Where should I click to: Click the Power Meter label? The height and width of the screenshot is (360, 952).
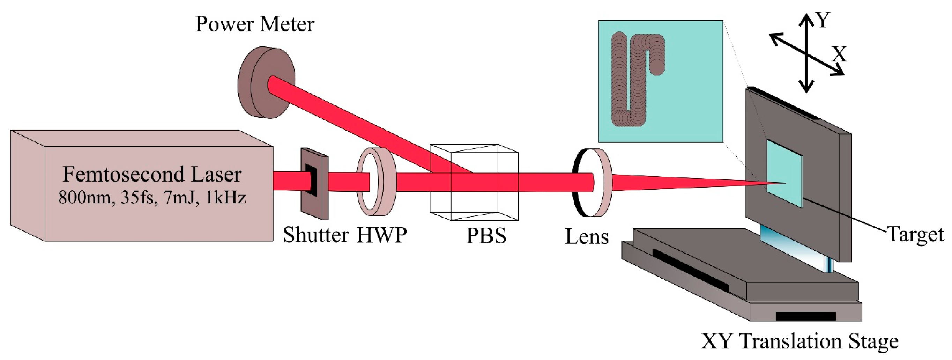coord(255,24)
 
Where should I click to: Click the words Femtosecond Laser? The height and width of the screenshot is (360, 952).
coord(152,175)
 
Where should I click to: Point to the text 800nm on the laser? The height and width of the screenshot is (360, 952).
coord(84,198)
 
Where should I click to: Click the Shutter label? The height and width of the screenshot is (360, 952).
coord(316,235)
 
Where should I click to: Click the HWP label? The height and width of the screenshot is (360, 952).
coord(382,235)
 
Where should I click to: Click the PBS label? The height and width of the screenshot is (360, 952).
coord(486,236)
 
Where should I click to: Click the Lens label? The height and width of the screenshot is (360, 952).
coord(587,237)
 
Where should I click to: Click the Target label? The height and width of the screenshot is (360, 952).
coord(915,235)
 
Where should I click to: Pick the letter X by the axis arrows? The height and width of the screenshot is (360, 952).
coord(839,54)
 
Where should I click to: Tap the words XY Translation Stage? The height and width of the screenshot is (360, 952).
coord(799,341)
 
